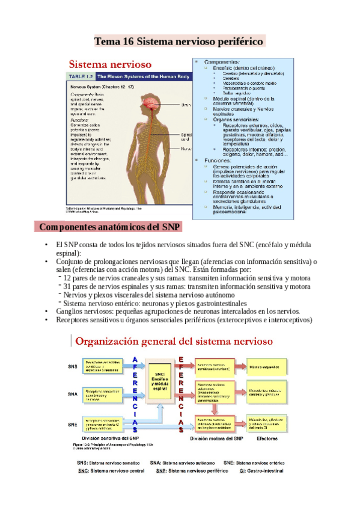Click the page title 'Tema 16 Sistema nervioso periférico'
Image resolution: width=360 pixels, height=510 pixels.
(x=179, y=41)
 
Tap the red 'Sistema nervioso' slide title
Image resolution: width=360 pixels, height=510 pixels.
(x=110, y=64)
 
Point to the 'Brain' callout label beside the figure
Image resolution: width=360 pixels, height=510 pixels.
(x=186, y=105)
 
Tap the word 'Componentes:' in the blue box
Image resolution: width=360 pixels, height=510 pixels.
(x=222, y=62)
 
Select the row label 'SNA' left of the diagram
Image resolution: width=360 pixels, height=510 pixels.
(x=73, y=394)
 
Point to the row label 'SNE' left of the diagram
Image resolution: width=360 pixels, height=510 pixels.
(x=73, y=425)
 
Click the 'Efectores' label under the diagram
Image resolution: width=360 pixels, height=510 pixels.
(x=267, y=440)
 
